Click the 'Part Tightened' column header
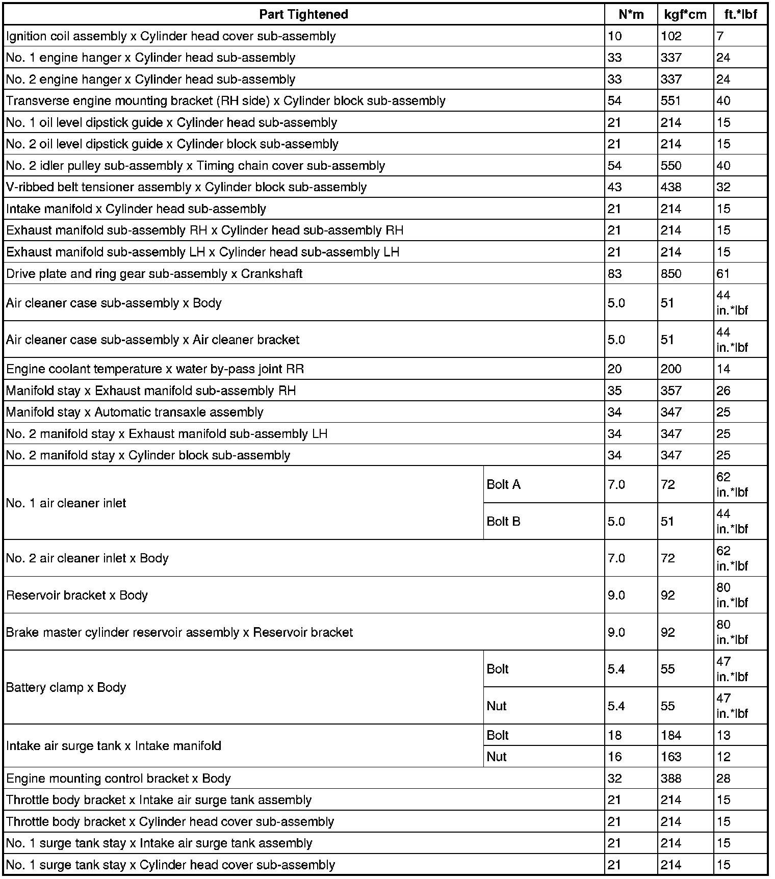click(x=303, y=14)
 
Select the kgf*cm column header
click(x=685, y=14)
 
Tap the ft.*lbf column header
click(x=740, y=14)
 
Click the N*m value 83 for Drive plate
click(x=615, y=274)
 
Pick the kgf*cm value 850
click(x=671, y=274)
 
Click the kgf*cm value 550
click(x=671, y=166)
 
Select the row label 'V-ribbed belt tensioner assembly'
click(x=186, y=187)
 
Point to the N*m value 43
click(x=615, y=187)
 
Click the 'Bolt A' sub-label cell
click(x=504, y=484)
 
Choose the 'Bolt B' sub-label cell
click(x=504, y=521)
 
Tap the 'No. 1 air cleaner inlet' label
click(x=66, y=503)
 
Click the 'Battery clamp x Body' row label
click(x=66, y=687)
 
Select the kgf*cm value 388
click(x=671, y=779)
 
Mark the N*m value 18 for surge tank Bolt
click(x=615, y=735)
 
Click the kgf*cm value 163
click(x=671, y=757)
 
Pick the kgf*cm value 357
click(x=671, y=391)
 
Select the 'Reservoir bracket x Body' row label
click(x=77, y=595)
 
